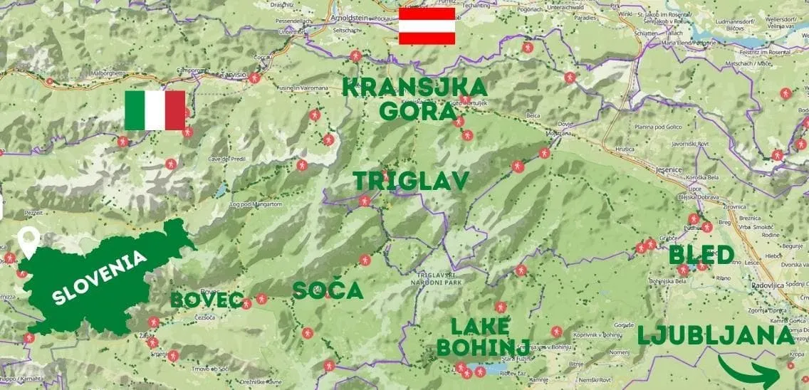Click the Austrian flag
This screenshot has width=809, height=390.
click(x=427, y=26)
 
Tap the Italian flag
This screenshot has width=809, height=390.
click(x=155, y=110)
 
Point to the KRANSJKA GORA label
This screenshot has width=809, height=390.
click(x=416, y=99)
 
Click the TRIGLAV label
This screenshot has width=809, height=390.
click(x=412, y=181)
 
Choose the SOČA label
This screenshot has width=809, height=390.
click(x=328, y=290)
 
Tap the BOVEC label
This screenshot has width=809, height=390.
click(x=207, y=300)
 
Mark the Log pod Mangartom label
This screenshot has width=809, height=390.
click(x=256, y=205)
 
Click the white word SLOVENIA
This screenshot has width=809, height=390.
click(x=99, y=280)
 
